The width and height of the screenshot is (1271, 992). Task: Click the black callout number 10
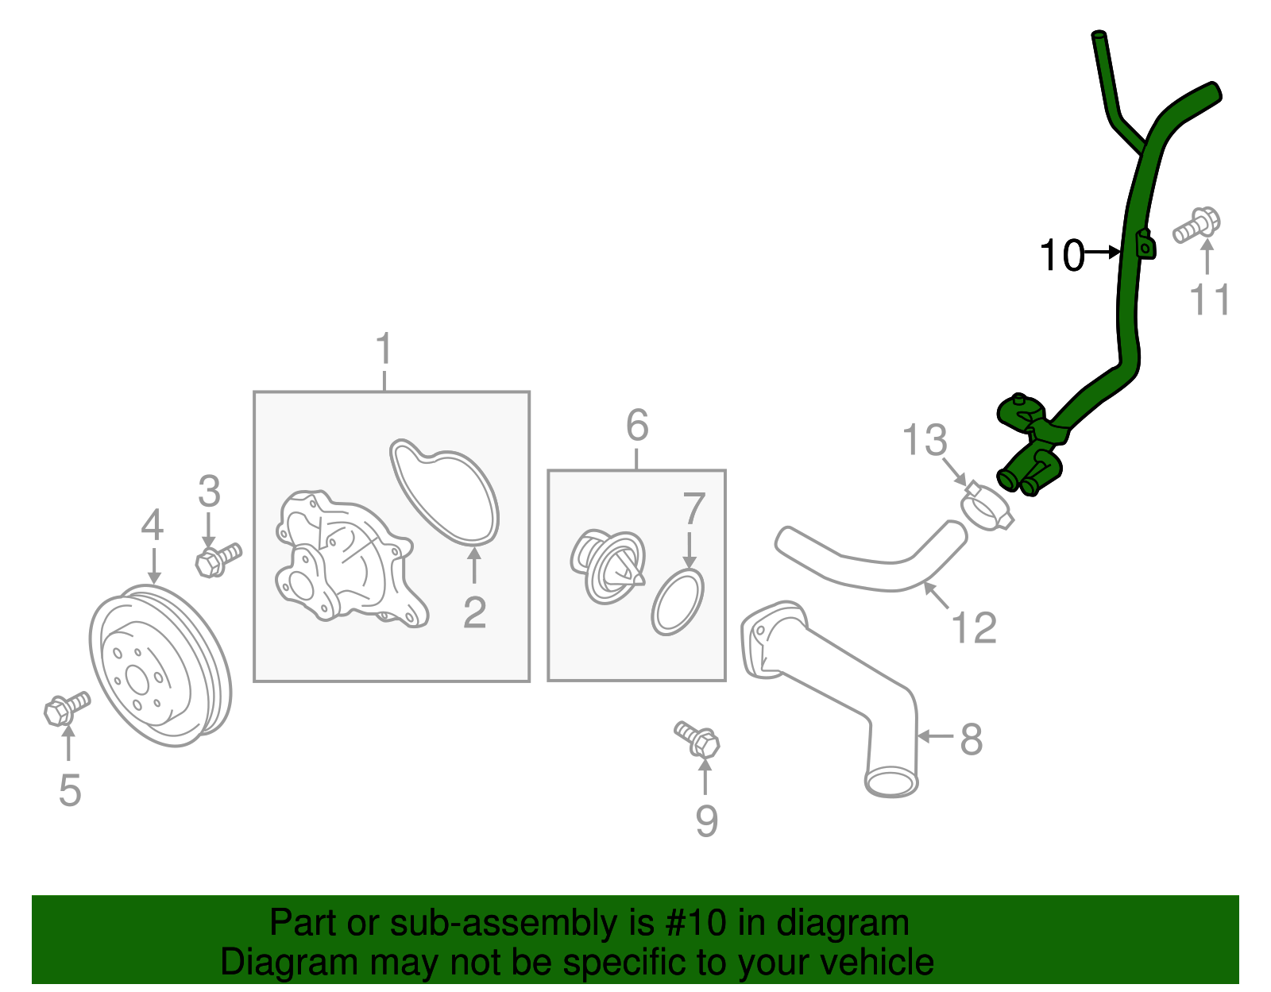1061,256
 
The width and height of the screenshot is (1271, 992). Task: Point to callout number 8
971,739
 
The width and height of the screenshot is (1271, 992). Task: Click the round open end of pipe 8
890,782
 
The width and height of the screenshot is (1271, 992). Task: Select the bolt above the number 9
698,739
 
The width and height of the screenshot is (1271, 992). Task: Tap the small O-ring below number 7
678,602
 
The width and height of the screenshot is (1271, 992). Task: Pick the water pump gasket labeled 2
445,492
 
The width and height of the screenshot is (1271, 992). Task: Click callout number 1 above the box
384,349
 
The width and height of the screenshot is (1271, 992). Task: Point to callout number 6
637,426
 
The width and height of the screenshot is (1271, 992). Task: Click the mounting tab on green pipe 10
1145,245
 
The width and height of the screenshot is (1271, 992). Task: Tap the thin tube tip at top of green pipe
1099,37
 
